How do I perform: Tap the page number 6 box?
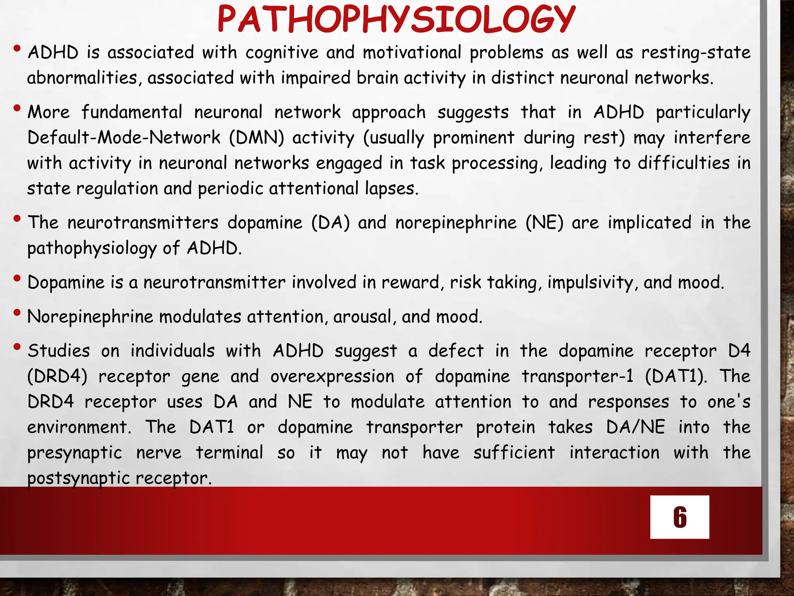pos(680,517)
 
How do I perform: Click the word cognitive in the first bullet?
pos(282,52)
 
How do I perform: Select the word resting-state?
pos(696,52)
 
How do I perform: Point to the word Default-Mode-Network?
pos(124,137)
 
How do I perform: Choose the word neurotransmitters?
pos(143,223)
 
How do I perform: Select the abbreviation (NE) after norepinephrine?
pos(544,223)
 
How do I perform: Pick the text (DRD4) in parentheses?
pos(57,376)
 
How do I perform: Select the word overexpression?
pos(332,376)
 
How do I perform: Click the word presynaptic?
pos(75,453)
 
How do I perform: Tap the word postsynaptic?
pos(77,478)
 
